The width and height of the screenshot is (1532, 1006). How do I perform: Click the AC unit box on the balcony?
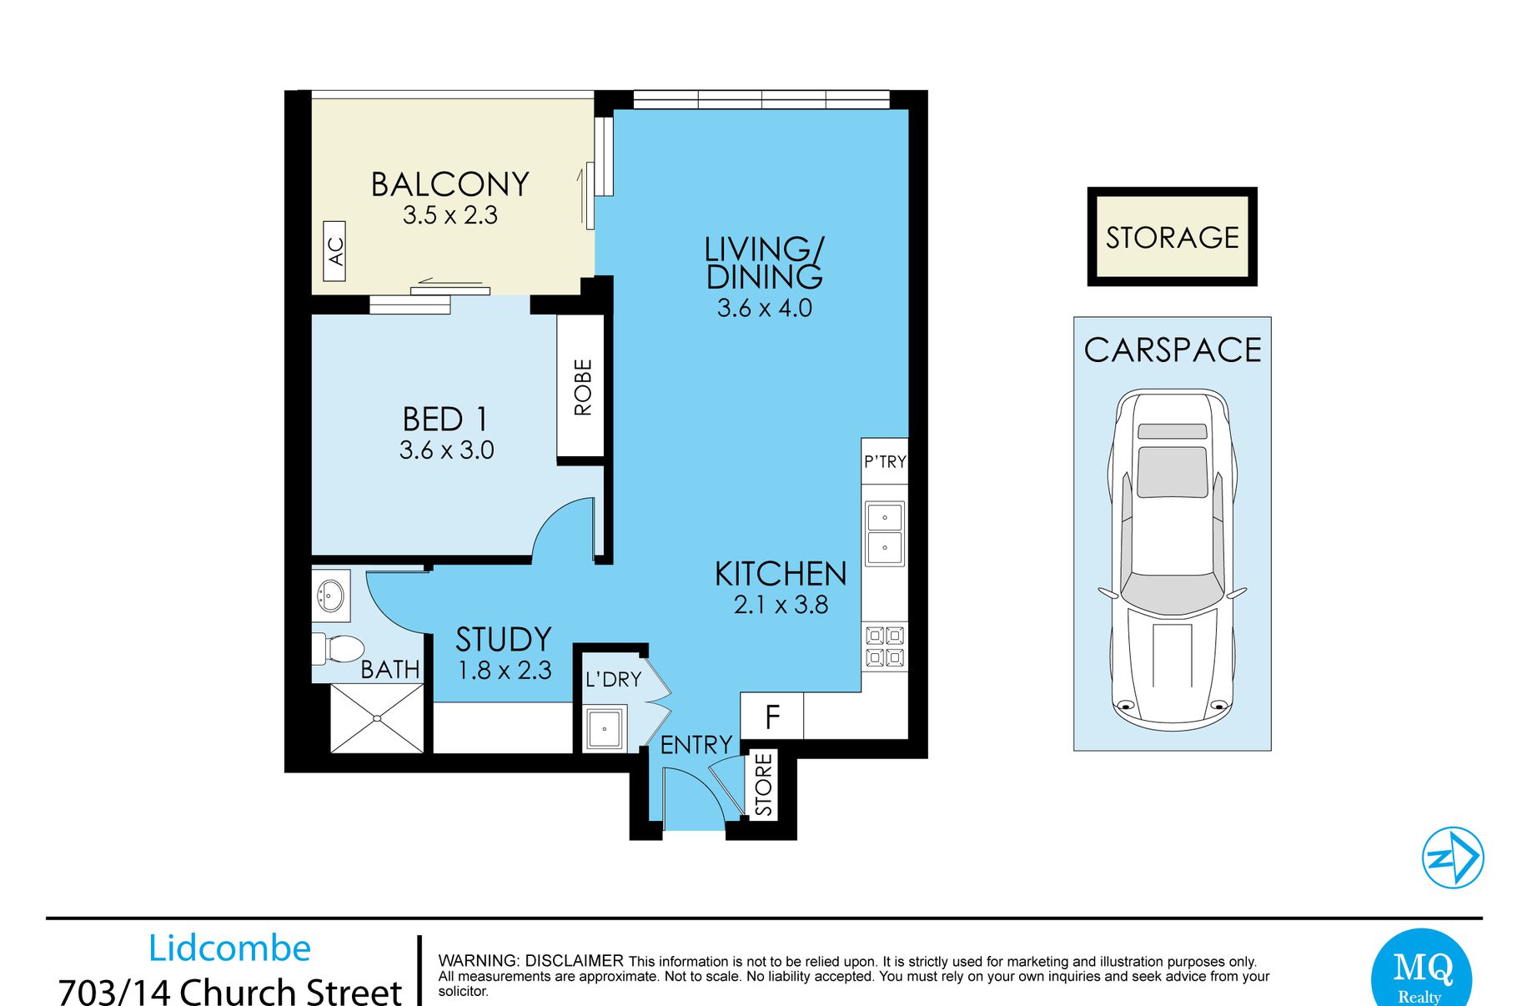pos(334,251)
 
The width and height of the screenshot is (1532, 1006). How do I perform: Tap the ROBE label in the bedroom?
pos(583,387)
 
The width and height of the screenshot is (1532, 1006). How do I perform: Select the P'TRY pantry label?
pos(885,461)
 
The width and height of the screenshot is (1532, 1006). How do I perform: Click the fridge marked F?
pos(772,716)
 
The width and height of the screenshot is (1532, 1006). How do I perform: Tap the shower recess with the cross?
pos(378,718)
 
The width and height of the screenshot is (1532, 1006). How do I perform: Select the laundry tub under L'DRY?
pos(604,729)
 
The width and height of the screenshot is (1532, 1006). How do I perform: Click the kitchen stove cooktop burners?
pos(885,646)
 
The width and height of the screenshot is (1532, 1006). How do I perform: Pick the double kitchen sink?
pos(884,533)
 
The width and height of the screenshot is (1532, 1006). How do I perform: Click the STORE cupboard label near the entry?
pos(764,785)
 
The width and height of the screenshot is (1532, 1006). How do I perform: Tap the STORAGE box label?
pos(1172,238)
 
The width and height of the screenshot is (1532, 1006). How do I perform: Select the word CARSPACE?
pos(1173,350)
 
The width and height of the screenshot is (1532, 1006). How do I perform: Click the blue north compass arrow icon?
pos(1453,857)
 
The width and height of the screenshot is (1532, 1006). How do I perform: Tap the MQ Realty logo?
pos(1423,971)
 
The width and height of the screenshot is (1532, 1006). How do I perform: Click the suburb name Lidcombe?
pos(229,948)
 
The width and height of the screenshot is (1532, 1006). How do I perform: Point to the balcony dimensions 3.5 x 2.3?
pos(450,215)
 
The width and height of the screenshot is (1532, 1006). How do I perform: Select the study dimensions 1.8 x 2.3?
pos(505,670)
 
